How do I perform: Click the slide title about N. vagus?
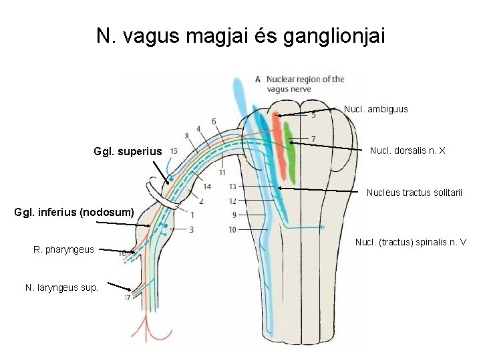(240, 35)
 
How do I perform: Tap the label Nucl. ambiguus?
(375, 109)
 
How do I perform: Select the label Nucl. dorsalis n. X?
(408, 151)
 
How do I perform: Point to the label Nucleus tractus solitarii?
(414, 193)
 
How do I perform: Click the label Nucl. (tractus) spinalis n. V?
(411, 242)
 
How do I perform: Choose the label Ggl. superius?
(128, 152)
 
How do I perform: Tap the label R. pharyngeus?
(63, 250)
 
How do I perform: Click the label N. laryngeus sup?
(61, 287)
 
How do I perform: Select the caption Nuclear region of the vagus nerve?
(305, 83)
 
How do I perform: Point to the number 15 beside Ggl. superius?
(174, 151)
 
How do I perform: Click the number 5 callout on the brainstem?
(313, 115)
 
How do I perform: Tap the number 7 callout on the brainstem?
(313, 138)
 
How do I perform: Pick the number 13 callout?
(232, 186)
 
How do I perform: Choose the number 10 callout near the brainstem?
(232, 230)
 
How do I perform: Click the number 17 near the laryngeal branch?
(127, 297)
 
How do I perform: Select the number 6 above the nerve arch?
(213, 121)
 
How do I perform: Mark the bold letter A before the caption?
(258, 79)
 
